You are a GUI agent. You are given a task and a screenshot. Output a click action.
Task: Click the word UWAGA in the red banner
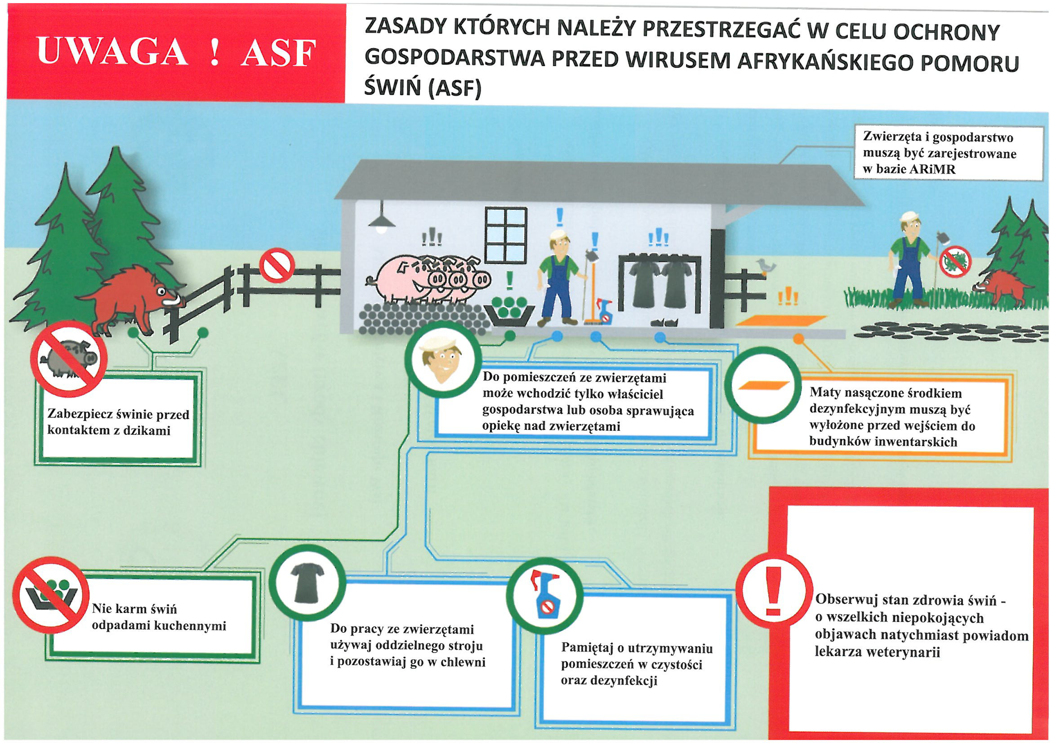[112, 52]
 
